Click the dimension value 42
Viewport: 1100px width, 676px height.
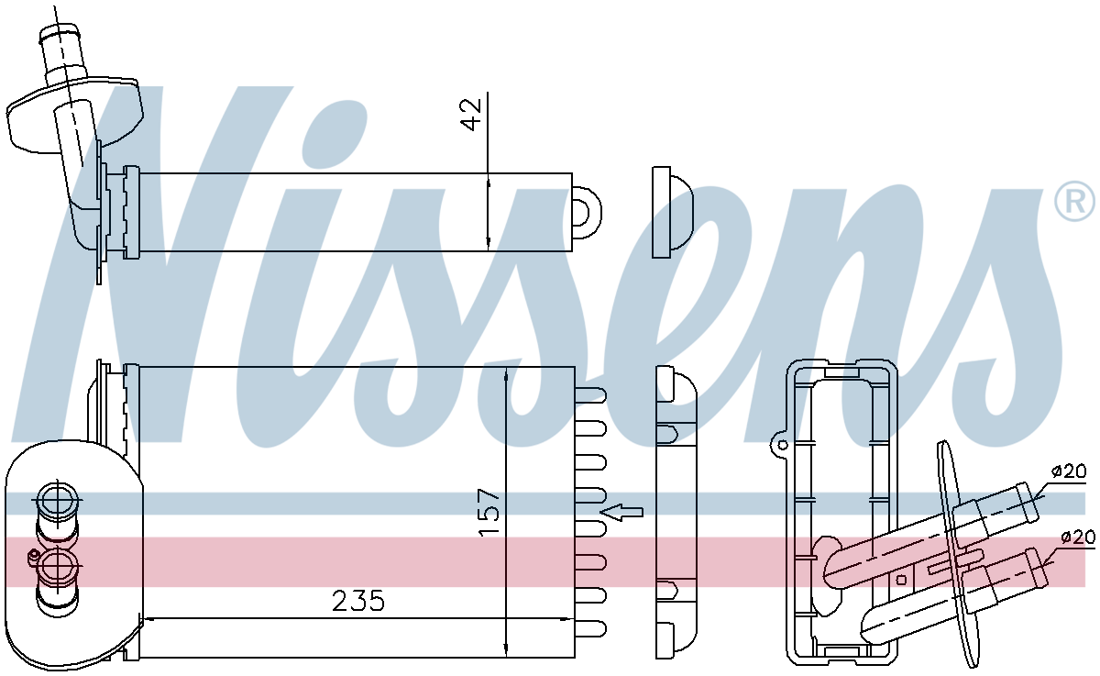tap(471, 115)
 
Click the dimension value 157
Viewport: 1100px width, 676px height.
tap(489, 512)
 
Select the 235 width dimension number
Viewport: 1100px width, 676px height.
tap(358, 601)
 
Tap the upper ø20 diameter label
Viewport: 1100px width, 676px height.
tap(1069, 471)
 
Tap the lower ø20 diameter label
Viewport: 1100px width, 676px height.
tap(1078, 537)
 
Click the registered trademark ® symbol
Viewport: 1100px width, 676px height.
tap(1074, 202)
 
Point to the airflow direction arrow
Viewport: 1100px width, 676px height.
tap(621, 513)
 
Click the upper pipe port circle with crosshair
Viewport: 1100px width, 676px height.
tap(58, 500)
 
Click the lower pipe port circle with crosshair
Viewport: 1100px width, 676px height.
tap(58, 567)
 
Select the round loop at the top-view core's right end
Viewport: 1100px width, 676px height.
tap(588, 213)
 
